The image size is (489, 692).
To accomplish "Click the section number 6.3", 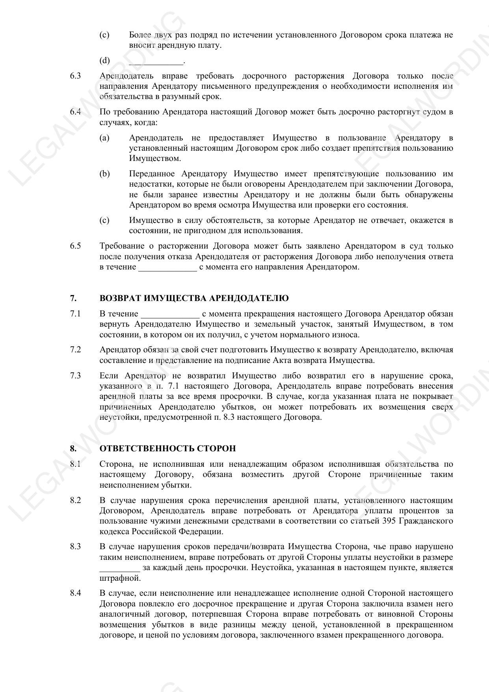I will [x=75, y=76].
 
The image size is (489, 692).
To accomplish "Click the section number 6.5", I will [x=75, y=246].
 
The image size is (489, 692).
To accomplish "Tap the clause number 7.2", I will [x=75, y=350].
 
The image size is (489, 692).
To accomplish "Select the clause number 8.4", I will [x=75, y=593].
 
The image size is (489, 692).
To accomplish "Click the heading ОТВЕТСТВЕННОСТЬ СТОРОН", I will [x=167, y=449].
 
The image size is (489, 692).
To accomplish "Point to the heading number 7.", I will [x=73, y=298].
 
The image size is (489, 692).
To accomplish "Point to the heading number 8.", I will [x=73, y=449].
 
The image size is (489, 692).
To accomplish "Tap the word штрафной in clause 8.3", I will [x=119, y=578].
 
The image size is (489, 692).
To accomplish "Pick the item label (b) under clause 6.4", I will [x=104, y=174].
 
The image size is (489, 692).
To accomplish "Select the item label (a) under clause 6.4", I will [x=104, y=138].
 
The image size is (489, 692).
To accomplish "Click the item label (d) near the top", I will [x=104, y=60].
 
